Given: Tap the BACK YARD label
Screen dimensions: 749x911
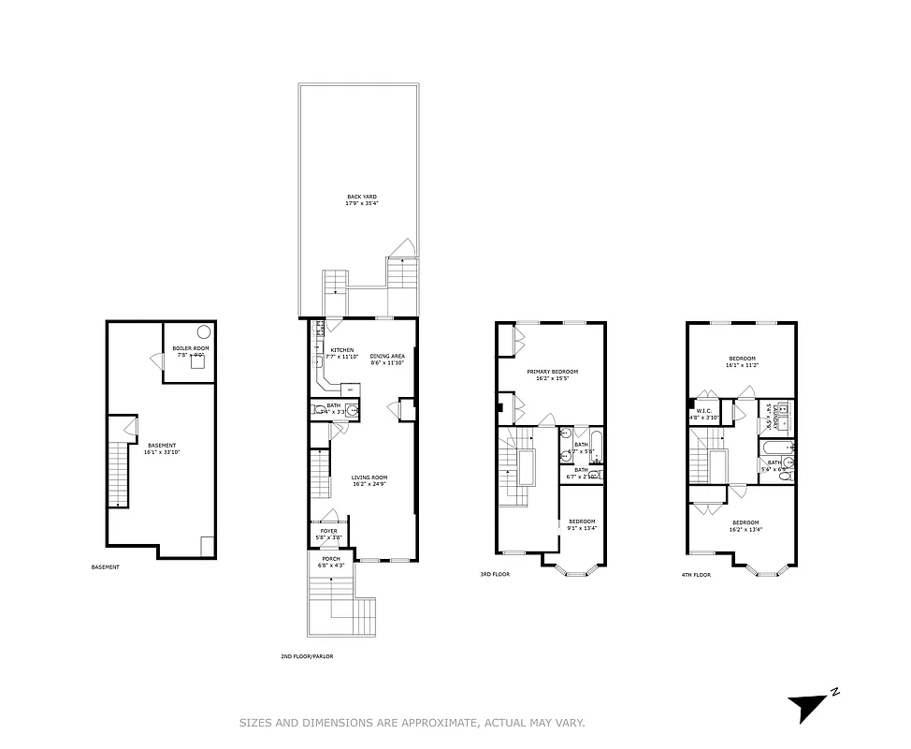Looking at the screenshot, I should click(361, 197).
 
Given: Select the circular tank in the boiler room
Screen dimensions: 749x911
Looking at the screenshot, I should click(203, 330).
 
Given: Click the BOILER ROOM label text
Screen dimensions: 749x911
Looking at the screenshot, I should click(191, 348).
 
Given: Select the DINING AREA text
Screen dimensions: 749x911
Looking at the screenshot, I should click(387, 355).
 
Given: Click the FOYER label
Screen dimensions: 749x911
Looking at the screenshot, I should click(328, 531).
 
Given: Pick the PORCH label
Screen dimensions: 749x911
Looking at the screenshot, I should click(331, 559).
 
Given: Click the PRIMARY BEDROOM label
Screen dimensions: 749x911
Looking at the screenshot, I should click(552, 372).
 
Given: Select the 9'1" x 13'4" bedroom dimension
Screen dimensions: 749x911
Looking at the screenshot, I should click(582, 527).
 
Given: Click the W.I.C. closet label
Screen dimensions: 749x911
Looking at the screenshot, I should click(704, 410).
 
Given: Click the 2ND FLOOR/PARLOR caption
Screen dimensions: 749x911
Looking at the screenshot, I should click(307, 656).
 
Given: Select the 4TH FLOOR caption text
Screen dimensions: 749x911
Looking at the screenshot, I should click(697, 575).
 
